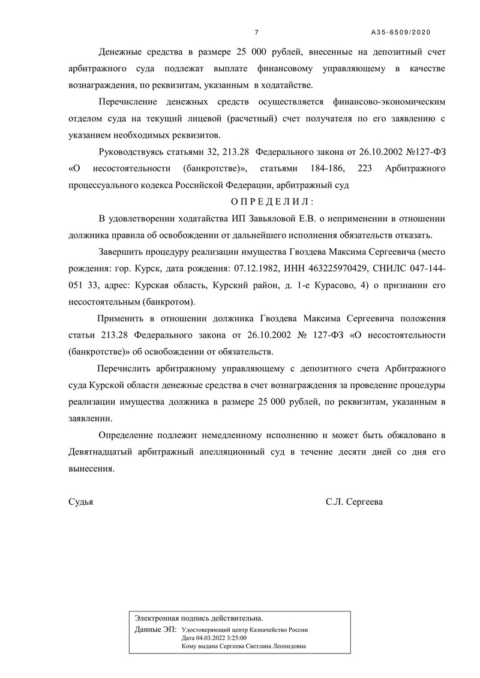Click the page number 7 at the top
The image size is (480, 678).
pyautogui.click(x=257, y=32)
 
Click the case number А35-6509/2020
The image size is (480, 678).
pyautogui.click(x=401, y=32)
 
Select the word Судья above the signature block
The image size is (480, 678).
pyautogui.click(x=81, y=502)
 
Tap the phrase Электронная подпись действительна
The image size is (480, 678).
pyautogui.click(x=199, y=617)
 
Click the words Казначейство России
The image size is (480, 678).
pyautogui.click(x=281, y=631)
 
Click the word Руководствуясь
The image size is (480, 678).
pyautogui.click(x=135, y=152)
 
